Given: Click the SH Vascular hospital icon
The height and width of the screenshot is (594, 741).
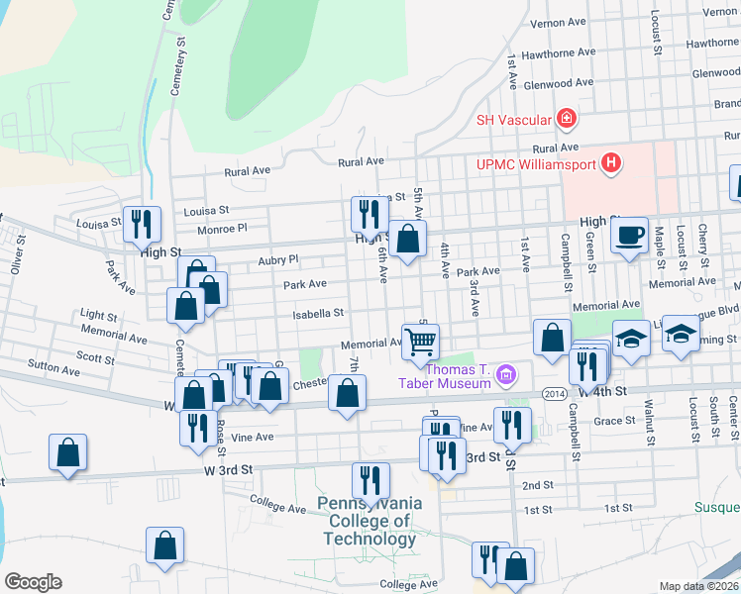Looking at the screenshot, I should pyautogui.click(x=566, y=120).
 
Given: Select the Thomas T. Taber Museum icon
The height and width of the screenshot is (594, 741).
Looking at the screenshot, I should pyautogui.click(x=507, y=373).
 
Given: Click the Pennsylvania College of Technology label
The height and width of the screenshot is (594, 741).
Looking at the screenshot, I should pyautogui.click(x=369, y=521).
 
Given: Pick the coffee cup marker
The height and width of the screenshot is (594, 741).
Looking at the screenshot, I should pyautogui.click(x=628, y=236).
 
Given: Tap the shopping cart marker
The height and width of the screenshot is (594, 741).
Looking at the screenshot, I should pyautogui.click(x=420, y=342).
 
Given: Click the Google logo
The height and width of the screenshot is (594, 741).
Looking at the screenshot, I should pyautogui.click(x=33, y=581).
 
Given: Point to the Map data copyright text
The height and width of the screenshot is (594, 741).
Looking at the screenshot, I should pyautogui.click(x=698, y=586).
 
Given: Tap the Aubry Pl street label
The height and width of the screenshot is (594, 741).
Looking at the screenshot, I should pyautogui.click(x=278, y=259).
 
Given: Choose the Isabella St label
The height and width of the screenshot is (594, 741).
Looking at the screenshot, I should pyautogui.click(x=317, y=313).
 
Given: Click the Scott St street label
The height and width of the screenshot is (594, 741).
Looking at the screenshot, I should pyautogui.click(x=95, y=358).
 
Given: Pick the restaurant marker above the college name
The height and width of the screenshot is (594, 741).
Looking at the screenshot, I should pyautogui.click(x=370, y=480).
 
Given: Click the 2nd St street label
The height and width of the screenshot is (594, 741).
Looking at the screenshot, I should pyautogui.click(x=537, y=485).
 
